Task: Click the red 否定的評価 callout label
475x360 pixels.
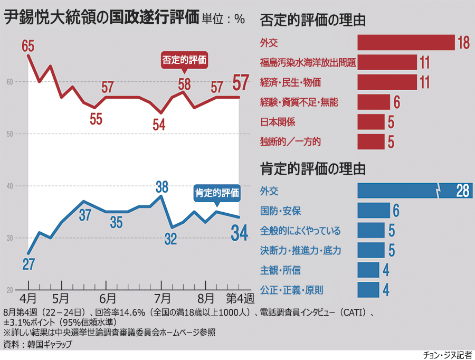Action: tap(184, 60)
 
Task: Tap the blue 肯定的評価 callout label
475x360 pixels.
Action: tap(217, 193)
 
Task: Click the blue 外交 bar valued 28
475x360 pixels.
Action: tap(414, 191)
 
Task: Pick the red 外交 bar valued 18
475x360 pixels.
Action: tap(406, 42)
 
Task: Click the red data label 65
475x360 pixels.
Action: tap(28, 46)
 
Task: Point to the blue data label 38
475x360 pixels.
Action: tap(161, 186)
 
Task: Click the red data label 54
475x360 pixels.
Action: tap(159, 124)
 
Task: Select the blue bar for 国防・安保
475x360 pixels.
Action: tap(373, 211)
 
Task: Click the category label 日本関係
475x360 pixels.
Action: tap(278, 122)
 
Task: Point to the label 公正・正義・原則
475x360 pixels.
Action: tap(292, 290)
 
